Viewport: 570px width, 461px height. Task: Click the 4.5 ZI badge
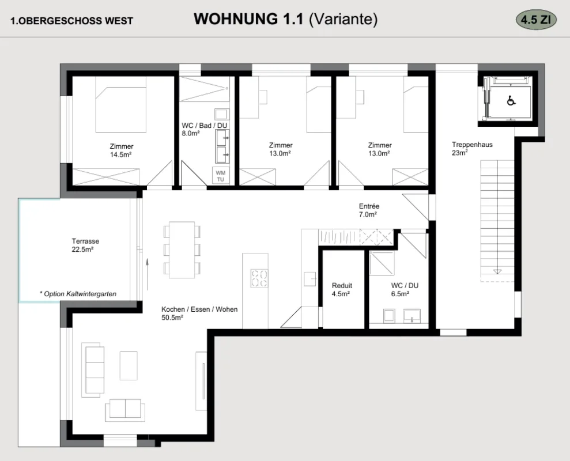[x=536, y=19]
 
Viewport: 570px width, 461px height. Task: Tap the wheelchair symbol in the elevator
[x=511, y=101]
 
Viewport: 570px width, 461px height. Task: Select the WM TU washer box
[x=221, y=176]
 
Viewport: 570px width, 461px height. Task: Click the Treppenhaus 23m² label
[x=472, y=148]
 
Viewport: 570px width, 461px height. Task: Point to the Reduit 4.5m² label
[x=342, y=290]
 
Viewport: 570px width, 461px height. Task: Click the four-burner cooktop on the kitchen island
[x=259, y=278]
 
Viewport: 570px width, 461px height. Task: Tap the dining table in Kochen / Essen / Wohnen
[x=182, y=250]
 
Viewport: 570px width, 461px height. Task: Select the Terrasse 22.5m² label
[x=85, y=245]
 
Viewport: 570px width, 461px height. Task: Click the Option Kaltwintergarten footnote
[x=78, y=294]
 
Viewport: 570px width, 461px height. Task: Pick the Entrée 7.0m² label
[x=369, y=210]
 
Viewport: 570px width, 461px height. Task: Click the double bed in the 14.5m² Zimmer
[x=121, y=104]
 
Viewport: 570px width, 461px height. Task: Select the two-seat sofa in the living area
[x=125, y=410]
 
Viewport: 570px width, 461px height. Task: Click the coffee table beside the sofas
[x=129, y=365]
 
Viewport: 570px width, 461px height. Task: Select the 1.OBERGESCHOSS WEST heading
[x=71, y=21]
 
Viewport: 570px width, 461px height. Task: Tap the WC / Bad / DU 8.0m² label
[x=204, y=129]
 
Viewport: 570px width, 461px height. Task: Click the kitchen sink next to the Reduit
[x=309, y=279]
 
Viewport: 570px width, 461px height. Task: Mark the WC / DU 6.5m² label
[x=405, y=290]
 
